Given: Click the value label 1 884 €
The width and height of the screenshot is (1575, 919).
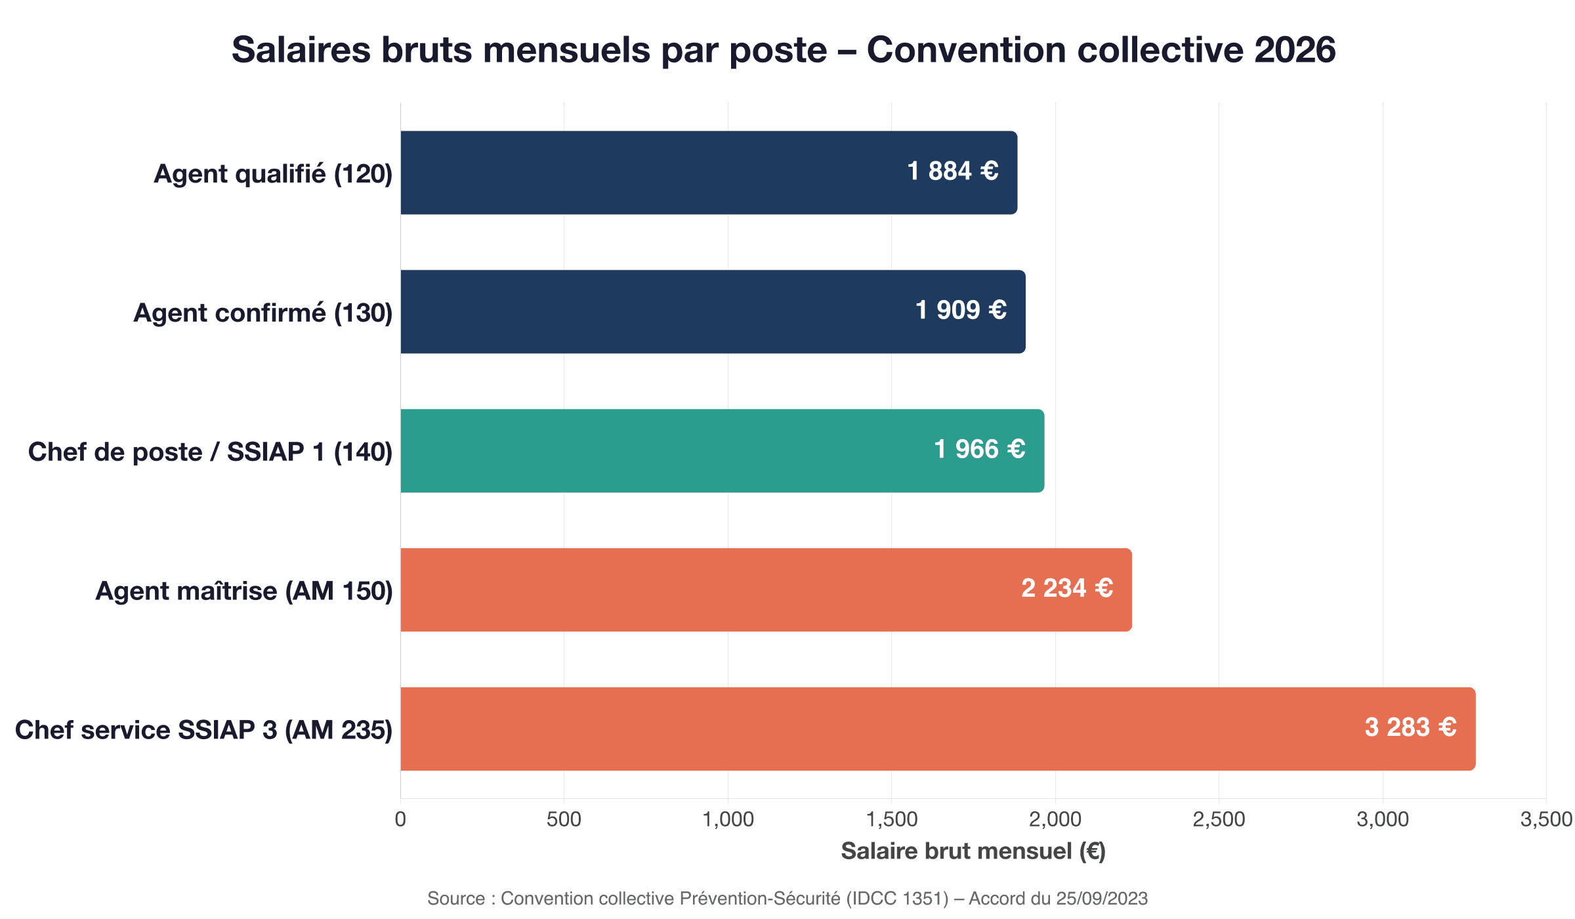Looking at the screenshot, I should pyautogui.click(x=952, y=171).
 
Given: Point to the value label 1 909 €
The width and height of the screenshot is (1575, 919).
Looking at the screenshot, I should pyautogui.click(x=961, y=310).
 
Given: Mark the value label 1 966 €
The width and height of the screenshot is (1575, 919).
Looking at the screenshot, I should pyautogui.click(x=979, y=449).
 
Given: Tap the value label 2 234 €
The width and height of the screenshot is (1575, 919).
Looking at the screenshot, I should pyautogui.click(x=1067, y=588).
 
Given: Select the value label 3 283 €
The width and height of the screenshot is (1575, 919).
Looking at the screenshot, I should pyautogui.click(x=1410, y=727).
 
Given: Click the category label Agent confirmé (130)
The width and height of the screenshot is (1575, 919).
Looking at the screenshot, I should pyautogui.click(x=263, y=313).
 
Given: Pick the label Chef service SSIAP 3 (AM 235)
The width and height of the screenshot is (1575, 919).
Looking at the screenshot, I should pyautogui.click(x=203, y=730).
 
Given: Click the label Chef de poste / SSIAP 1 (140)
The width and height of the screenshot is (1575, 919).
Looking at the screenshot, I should pyautogui.click(x=210, y=452).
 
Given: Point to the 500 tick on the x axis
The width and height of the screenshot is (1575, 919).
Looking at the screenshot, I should pyautogui.click(x=564, y=819).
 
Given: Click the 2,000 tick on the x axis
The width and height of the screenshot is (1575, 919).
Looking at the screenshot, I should pyautogui.click(x=1055, y=819).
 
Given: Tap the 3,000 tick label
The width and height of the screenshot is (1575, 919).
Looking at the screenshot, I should pyautogui.click(x=1382, y=819).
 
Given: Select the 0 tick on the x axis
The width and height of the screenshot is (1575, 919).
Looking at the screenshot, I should pyautogui.click(x=400, y=819).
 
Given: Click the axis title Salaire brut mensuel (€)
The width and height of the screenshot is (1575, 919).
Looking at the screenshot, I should pyautogui.click(x=973, y=851).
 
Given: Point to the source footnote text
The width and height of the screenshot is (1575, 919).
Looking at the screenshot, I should pyautogui.click(x=787, y=898).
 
